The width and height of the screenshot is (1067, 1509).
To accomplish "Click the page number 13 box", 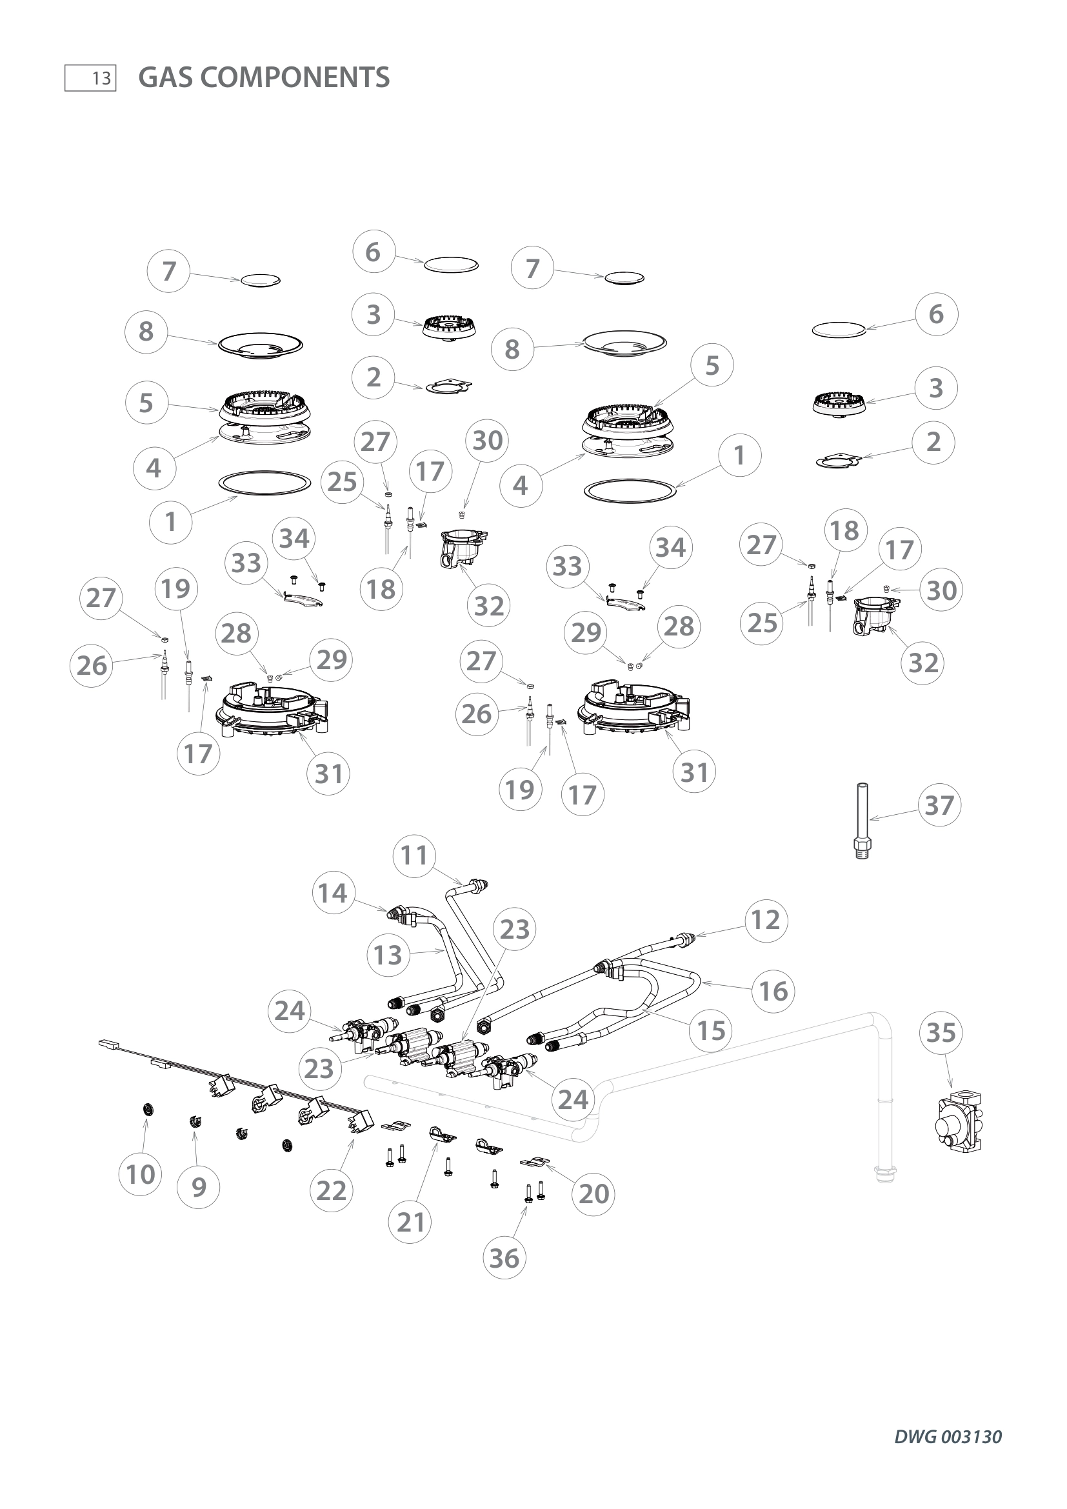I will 90,78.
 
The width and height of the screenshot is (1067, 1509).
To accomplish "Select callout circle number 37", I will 939,805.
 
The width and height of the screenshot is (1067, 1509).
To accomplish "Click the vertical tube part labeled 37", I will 862,821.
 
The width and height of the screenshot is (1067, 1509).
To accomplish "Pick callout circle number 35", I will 940,1032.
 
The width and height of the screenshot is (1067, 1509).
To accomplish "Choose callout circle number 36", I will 504,1258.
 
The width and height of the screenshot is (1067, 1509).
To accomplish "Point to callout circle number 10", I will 140,1174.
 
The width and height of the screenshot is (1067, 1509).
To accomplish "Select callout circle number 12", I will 766,919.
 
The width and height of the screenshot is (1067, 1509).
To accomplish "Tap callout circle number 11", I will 414,855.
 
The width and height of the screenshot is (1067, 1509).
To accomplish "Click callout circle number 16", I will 773,990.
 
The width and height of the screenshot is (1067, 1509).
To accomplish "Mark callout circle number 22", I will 330,1190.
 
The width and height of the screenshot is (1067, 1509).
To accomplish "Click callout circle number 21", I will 411,1222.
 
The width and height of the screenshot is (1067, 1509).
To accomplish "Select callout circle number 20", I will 593,1194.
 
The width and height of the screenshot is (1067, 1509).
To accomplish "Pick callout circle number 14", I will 332,892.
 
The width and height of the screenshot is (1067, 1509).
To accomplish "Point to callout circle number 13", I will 388,954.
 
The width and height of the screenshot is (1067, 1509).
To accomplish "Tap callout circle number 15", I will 710,1030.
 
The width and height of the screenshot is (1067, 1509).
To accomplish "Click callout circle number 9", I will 199,1187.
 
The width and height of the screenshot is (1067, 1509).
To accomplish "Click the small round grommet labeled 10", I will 150,1110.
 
